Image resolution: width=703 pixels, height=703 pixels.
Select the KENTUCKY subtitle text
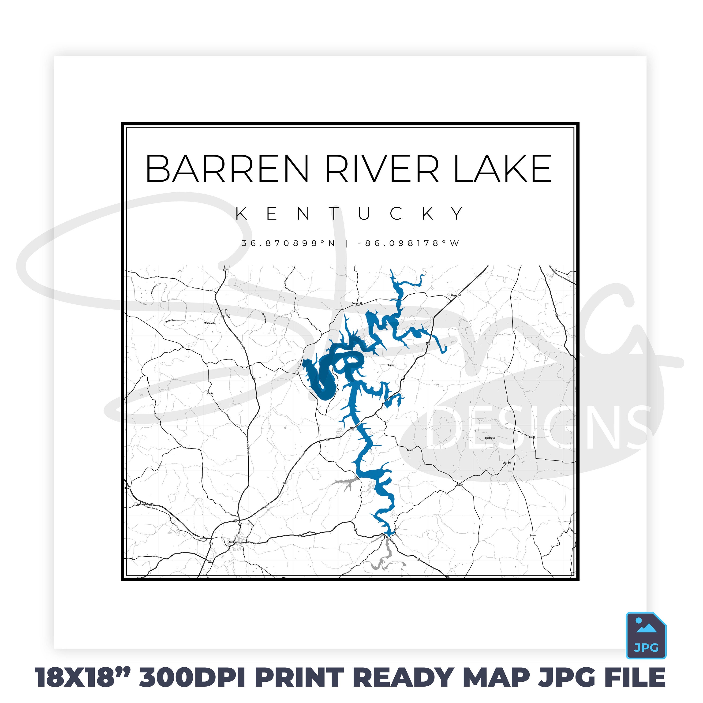(350, 213)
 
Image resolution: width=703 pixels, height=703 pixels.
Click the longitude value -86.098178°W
(408, 243)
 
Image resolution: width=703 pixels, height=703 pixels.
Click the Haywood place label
(456, 295)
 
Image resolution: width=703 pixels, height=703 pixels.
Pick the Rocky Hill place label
(357, 303)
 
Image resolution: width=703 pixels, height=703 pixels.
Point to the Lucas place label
(391, 365)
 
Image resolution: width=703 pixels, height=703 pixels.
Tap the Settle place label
(210, 394)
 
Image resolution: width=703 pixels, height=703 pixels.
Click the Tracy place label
(460, 485)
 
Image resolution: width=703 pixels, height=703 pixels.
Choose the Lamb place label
(533, 536)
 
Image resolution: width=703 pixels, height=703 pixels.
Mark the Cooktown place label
(490, 438)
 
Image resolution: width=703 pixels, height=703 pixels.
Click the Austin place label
(410, 450)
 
